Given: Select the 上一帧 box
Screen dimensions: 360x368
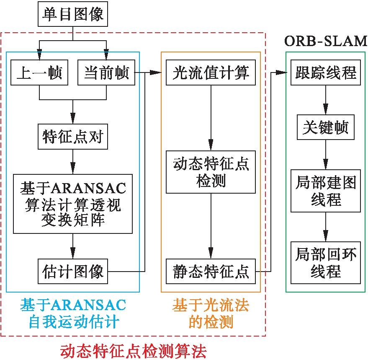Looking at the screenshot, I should coord(39,73).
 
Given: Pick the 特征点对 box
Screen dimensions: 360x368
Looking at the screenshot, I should coord(73,136).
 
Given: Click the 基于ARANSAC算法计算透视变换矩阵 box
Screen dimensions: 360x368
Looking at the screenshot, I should coord(73,203).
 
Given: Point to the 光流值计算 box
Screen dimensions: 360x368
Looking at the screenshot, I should coord(211,73).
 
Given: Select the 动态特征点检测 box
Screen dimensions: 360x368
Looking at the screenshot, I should coord(211,172).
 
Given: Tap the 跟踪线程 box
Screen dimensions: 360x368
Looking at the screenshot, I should coord(326,73).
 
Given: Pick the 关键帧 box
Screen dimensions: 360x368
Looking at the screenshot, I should coord(326,128).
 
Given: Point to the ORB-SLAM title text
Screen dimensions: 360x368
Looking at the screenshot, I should coord(326,41).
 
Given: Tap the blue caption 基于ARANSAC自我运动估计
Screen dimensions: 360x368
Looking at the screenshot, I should coord(73,313).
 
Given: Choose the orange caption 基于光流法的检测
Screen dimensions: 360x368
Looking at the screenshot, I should coord(211,313).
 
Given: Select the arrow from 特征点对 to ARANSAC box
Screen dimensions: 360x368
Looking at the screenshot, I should coord(73,161).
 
